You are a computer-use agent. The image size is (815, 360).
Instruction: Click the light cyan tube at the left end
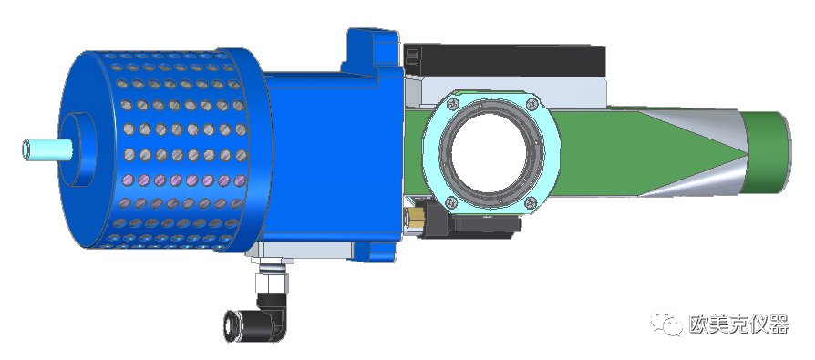click(x=46, y=149)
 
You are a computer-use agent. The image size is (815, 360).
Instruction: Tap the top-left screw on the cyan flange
click(x=452, y=104)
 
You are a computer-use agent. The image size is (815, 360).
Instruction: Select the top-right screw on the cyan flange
click(x=531, y=104)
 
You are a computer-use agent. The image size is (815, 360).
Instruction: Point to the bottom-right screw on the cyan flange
click(x=531, y=201)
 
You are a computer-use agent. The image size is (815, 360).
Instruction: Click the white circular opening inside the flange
click(x=489, y=153)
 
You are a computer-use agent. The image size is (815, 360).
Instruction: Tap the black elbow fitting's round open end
click(x=229, y=326)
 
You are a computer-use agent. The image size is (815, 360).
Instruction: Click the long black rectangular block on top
click(x=504, y=61)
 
